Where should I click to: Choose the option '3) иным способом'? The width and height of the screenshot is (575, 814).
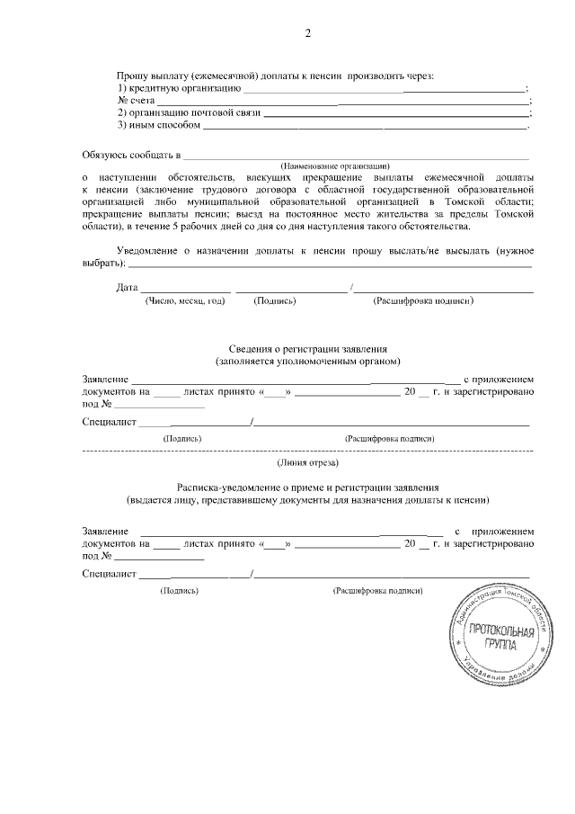[x=159, y=126]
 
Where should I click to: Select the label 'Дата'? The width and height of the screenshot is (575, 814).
[x=127, y=288]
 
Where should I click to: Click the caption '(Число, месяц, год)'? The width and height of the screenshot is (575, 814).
[x=184, y=301]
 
